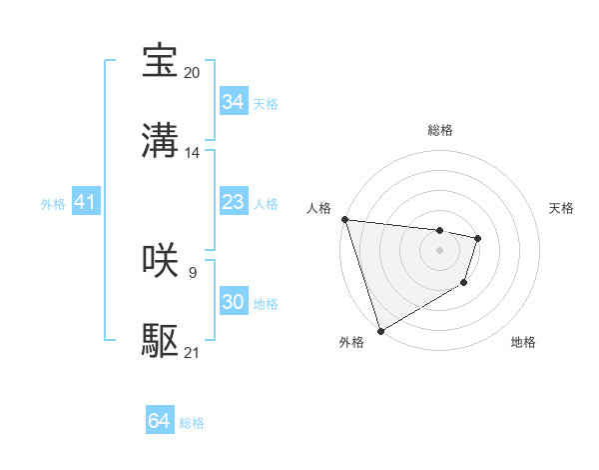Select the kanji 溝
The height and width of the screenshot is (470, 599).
[161, 141]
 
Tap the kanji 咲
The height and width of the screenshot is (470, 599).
[161, 261]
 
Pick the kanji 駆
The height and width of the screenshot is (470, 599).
[161, 341]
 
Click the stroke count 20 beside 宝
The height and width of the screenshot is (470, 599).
[193, 73]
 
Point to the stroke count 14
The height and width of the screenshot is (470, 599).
[193, 153]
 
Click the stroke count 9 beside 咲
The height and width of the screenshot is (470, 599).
[192, 272]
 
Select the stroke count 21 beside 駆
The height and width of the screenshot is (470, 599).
[193, 353]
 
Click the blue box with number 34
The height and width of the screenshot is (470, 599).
[233, 102]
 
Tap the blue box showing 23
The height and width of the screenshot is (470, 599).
[233, 203]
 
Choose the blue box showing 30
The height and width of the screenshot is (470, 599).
[233, 302]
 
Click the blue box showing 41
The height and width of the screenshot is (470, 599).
[85, 203]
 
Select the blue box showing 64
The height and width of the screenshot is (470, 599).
[159, 422]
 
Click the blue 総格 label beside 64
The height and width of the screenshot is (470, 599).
[192, 423]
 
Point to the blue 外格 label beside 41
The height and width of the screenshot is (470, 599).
[53, 204]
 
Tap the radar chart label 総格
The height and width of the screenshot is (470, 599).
[439, 130]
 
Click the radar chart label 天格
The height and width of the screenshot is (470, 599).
[562, 208]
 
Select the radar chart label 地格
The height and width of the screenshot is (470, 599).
[523, 343]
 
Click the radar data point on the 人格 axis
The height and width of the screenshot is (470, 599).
[344, 219]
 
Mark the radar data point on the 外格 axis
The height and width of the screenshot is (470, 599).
[380, 330]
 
